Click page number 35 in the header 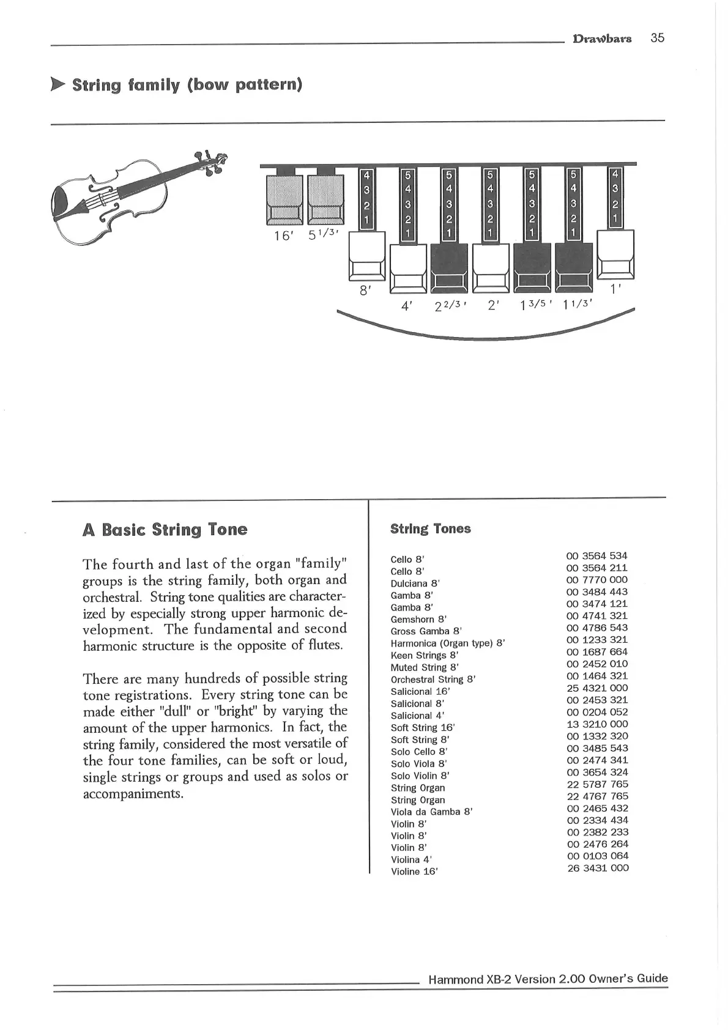pyautogui.click(x=657, y=38)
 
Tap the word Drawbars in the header pyautogui.click(x=601, y=39)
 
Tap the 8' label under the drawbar pyautogui.click(x=365, y=291)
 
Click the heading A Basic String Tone pyautogui.click(x=165, y=530)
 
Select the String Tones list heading pyautogui.click(x=430, y=529)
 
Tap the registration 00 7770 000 pyautogui.click(x=597, y=580)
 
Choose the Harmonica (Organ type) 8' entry pyautogui.click(x=447, y=643)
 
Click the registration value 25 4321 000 pyautogui.click(x=597, y=688)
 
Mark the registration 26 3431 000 pyautogui.click(x=597, y=868)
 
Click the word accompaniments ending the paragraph pyautogui.click(x=133, y=795)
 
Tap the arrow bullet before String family pyautogui.click(x=58, y=84)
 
